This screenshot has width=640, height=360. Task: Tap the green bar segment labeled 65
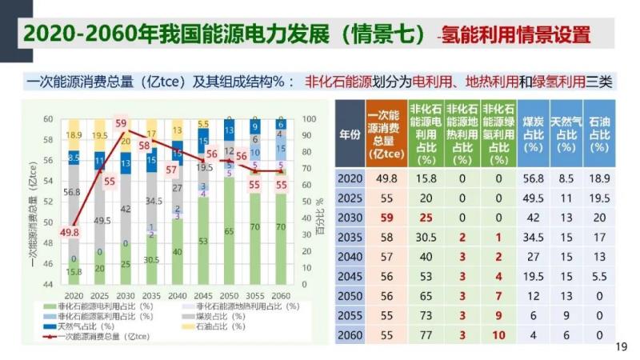(x=229, y=231)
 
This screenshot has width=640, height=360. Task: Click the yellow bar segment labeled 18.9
(x=74, y=134)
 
